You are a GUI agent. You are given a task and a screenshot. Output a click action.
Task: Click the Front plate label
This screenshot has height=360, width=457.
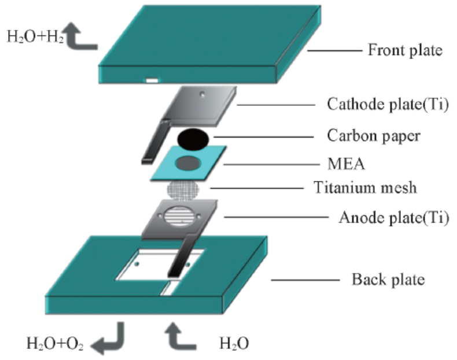[x=404, y=50]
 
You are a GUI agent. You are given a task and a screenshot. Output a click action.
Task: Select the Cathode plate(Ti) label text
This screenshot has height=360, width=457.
[x=387, y=105]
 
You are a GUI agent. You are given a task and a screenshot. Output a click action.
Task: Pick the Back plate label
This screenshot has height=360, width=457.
[x=388, y=280]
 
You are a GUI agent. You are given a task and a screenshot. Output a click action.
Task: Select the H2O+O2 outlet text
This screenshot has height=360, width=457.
[x=56, y=344]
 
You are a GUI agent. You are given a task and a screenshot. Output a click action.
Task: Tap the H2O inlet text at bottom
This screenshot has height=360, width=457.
[x=234, y=344]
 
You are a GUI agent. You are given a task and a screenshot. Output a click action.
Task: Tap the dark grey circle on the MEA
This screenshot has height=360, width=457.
[x=189, y=163]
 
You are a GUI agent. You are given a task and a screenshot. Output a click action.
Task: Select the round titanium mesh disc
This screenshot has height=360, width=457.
[x=185, y=189]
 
